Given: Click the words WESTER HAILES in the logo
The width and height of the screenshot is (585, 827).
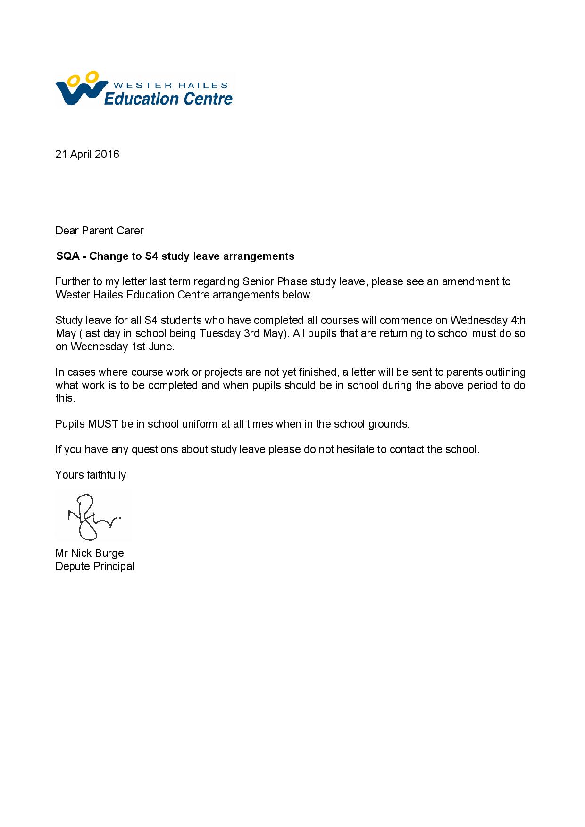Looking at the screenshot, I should pos(171,85).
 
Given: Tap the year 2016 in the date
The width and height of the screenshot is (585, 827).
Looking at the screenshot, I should pos(107,154).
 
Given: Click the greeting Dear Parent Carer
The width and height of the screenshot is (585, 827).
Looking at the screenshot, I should pos(100,231).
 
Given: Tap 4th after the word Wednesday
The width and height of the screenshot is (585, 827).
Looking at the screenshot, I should pos(518,320).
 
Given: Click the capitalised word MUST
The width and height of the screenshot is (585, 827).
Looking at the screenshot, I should pos(103,423).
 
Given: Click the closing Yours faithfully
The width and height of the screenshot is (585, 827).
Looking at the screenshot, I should pos(91,475).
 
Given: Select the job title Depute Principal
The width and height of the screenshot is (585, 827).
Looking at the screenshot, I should pos(94,566).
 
